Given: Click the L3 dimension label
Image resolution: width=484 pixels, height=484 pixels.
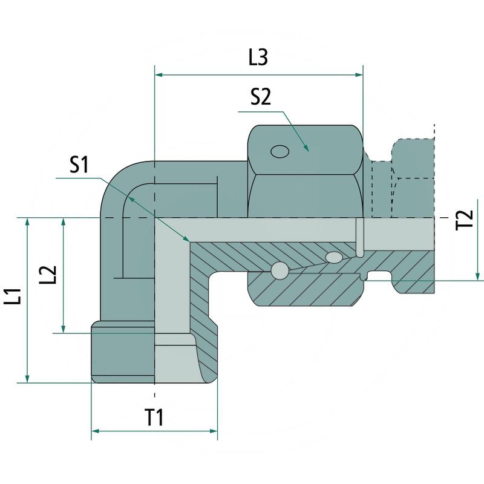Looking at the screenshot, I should click(x=258, y=57).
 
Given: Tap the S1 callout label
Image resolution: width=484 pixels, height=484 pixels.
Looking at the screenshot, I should click(x=79, y=165).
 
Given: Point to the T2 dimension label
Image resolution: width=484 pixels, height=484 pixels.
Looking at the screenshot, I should click(x=464, y=220).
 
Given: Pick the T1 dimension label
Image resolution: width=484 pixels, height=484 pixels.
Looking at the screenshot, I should click(x=154, y=417).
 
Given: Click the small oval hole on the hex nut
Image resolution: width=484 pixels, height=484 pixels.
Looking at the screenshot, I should click(x=280, y=151).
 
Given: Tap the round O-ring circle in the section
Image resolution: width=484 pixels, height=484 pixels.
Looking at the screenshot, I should click(x=280, y=271).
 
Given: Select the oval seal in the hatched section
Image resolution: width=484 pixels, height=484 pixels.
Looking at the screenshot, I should click(x=334, y=258).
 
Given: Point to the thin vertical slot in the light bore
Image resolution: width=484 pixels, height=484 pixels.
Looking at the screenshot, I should click(x=359, y=239).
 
